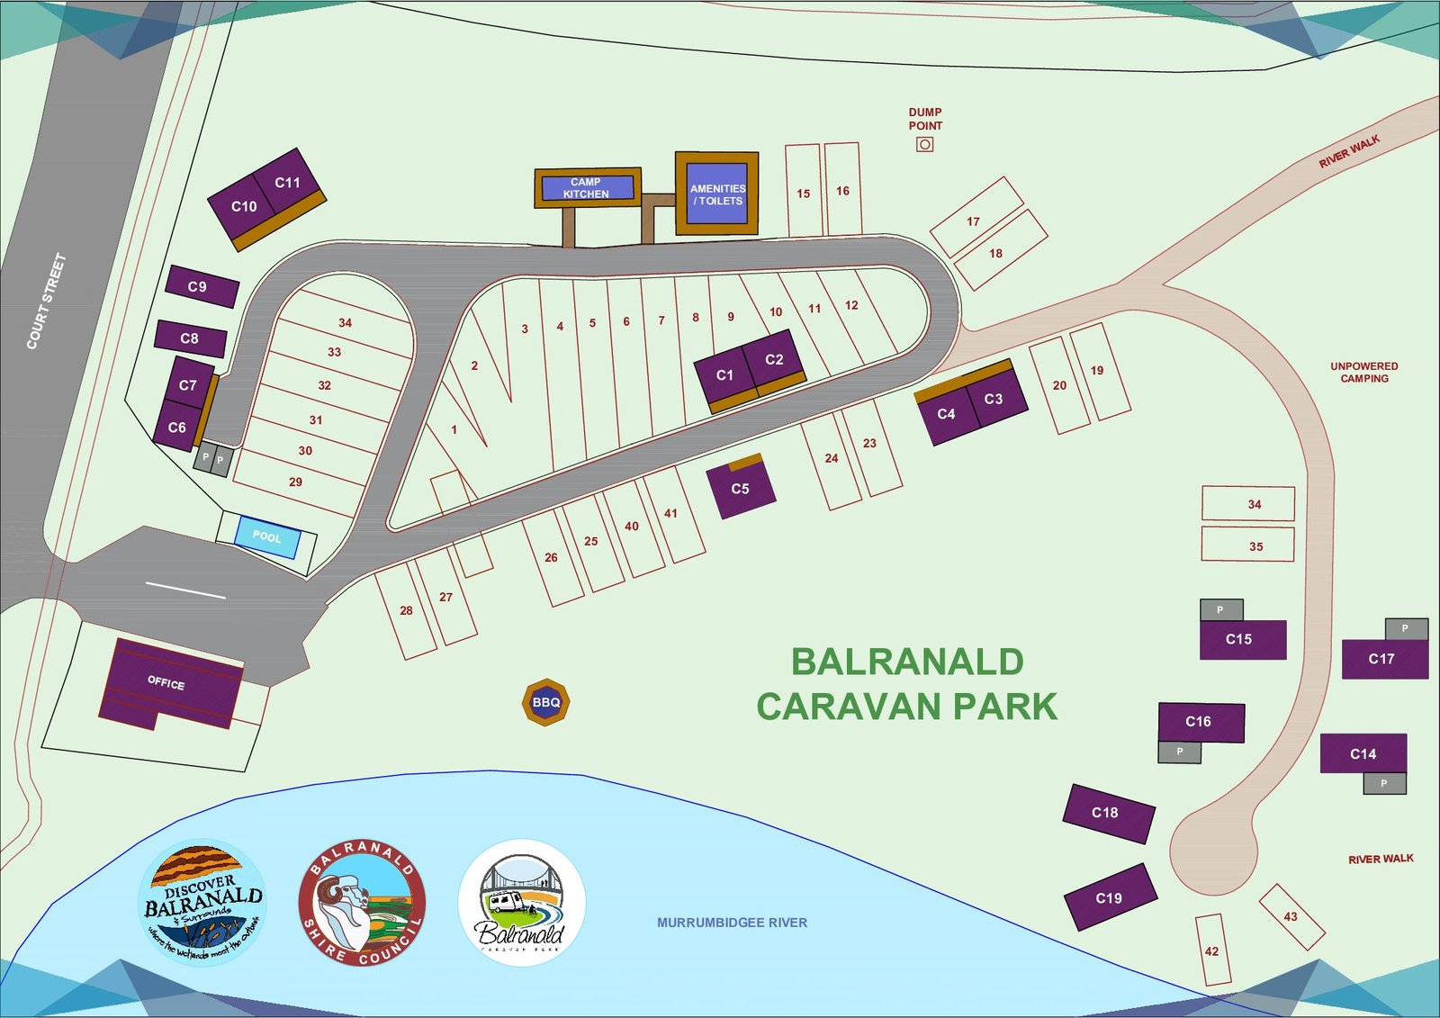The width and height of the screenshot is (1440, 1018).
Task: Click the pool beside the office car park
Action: pyautogui.click(x=266, y=536)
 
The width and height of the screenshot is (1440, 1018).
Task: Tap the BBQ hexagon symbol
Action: pyautogui.click(x=546, y=702)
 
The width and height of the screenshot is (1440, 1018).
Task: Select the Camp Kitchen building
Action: pyautogui.click(x=587, y=188)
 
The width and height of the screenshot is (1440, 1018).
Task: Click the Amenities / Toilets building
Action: pyautogui.click(x=717, y=194)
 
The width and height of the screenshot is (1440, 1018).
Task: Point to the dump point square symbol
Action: pyautogui.click(x=924, y=144)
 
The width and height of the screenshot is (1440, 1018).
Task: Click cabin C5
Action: pyautogui.click(x=740, y=489)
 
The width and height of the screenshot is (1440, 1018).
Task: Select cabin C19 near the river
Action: pyautogui.click(x=1109, y=897)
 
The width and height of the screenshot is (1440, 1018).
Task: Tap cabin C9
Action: pyautogui.click(x=201, y=286)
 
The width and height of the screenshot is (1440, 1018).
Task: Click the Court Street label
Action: pyautogui.click(x=46, y=301)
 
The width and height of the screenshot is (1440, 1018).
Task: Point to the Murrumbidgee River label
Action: pyautogui.click(x=732, y=923)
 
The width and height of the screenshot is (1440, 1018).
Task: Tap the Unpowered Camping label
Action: pyautogui.click(x=1363, y=373)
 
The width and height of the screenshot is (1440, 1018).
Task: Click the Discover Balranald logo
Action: pyautogui.click(x=203, y=902)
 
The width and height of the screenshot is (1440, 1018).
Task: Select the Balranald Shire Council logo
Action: pyautogui.click(x=362, y=903)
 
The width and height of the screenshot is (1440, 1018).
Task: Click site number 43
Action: pyautogui.click(x=1291, y=916)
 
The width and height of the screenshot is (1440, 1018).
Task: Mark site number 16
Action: pyautogui.click(x=842, y=191)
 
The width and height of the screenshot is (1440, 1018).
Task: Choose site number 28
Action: pyautogui.click(x=406, y=610)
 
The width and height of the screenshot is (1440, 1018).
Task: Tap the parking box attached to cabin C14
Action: pyautogui.click(x=1384, y=783)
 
